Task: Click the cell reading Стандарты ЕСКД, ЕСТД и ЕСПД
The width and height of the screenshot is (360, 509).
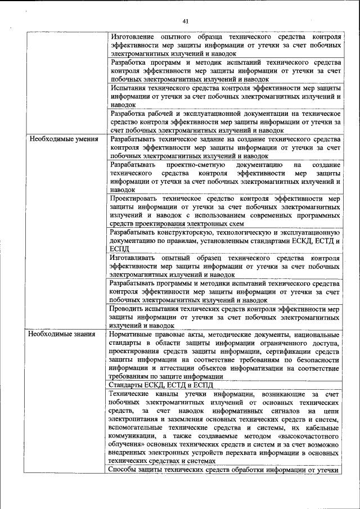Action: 161,385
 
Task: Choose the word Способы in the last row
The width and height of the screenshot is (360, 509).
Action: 123,470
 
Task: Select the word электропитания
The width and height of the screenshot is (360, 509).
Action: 135,419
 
